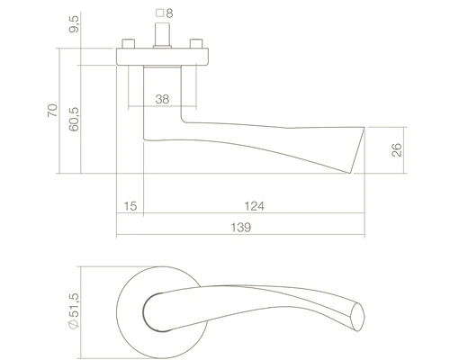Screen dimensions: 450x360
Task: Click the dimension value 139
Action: [240, 228]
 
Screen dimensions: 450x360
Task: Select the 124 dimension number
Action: [254, 206]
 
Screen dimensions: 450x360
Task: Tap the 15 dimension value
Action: [130, 206]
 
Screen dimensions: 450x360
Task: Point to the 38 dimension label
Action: [162, 99]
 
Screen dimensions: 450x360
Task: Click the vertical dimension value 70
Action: [52, 111]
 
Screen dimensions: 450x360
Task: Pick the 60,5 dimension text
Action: [74, 119]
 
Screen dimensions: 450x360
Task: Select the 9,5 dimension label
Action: [74, 24]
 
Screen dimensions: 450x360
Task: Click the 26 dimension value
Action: [396, 149]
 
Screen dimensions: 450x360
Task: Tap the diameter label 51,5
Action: [74, 305]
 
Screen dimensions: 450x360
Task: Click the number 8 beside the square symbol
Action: [169, 13]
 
